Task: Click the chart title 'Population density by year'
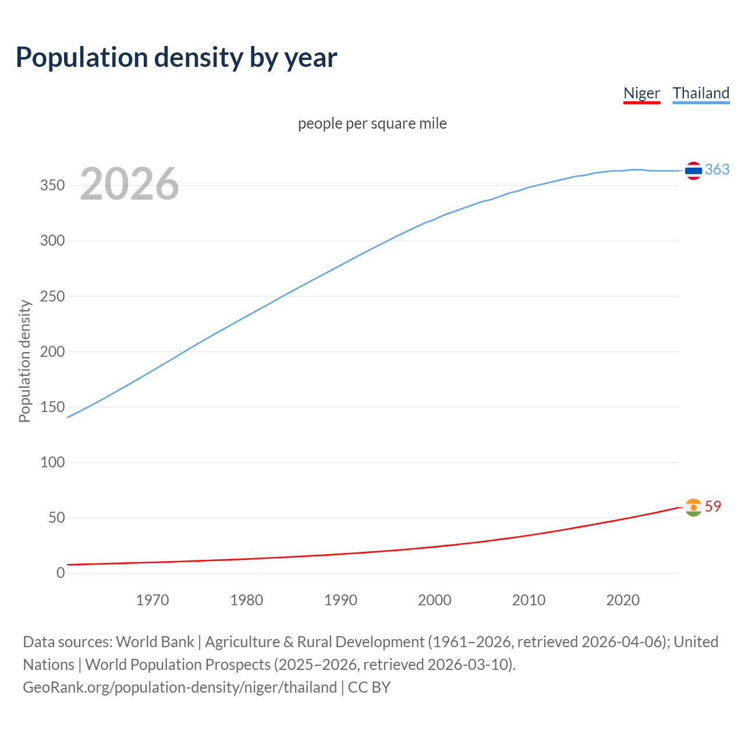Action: [x=176, y=58]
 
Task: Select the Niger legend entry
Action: [x=641, y=93]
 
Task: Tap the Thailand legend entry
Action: [x=701, y=93]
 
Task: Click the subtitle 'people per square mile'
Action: [x=372, y=123]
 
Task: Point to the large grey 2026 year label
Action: [x=129, y=184]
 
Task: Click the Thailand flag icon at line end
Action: [x=693, y=171]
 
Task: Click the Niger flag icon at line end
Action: [x=693, y=508]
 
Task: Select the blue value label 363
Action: [x=717, y=169]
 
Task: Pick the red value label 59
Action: [x=713, y=506]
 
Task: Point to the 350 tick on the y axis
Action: [x=52, y=186]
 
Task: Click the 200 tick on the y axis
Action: [x=52, y=352]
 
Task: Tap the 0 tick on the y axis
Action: [x=61, y=573]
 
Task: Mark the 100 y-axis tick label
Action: [x=52, y=462]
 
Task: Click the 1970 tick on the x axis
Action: [x=152, y=600]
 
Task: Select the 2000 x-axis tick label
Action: [x=434, y=600]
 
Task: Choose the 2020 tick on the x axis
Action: [x=623, y=600]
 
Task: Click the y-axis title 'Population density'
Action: [x=24, y=361]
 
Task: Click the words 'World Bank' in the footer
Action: [x=155, y=642]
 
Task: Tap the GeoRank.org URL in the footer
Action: [x=180, y=687]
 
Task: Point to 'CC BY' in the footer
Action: [x=369, y=687]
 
